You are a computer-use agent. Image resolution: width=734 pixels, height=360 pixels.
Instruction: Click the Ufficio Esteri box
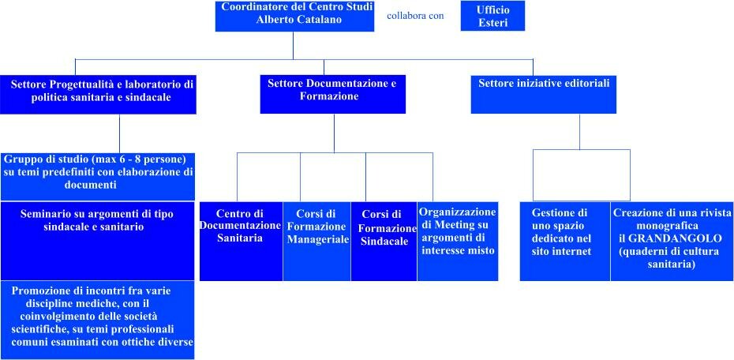point(492,16)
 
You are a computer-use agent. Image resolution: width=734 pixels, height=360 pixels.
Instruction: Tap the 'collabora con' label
point(414,16)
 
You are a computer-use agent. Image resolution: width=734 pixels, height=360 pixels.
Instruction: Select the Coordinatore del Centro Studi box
point(294,17)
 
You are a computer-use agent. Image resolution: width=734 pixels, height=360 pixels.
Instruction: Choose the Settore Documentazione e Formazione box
point(333,94)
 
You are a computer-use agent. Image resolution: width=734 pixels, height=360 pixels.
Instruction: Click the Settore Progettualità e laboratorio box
point(98,94)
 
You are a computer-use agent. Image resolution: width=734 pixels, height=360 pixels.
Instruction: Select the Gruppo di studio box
point(97,177)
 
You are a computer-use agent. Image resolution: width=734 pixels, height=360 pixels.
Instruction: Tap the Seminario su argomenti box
point(97,241)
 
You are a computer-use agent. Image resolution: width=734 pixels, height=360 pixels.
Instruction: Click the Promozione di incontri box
point(97,321)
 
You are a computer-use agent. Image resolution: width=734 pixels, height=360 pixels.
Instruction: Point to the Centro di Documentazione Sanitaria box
point(241,241)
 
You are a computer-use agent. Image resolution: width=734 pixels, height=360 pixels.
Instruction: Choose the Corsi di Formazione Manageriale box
point(317,241)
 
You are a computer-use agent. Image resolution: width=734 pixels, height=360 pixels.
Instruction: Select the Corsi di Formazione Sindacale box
point(384,241)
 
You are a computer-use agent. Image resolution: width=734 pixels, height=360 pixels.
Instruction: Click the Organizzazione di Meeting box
point(458,241)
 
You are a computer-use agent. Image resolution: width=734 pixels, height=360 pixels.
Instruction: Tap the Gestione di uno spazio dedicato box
point(565,241)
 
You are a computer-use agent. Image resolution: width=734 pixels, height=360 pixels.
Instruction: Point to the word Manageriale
point(318,239)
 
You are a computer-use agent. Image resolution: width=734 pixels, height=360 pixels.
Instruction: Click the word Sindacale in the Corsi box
point(385,242)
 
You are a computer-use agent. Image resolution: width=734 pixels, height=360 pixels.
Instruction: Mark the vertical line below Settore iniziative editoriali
point(579,132)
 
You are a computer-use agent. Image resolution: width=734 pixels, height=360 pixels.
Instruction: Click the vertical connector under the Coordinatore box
point(293,46)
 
